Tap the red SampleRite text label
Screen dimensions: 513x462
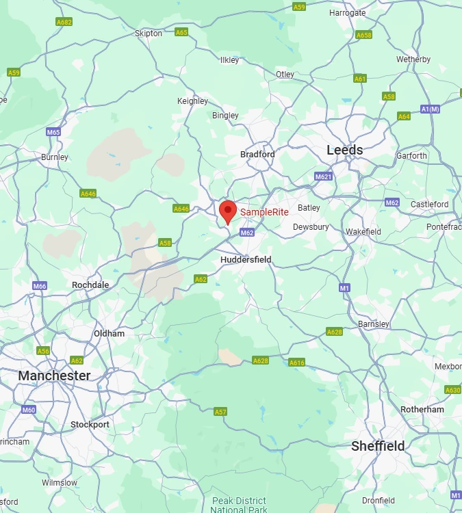coord(264,213)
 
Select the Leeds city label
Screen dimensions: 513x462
coord(344,150)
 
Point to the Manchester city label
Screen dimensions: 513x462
coord(54,376)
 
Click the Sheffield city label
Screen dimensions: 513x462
coord(378,446)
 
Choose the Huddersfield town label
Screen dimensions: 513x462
coord(246,260)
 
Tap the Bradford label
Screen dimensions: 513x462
coord(257,155)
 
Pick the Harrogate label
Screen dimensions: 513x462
coord(347,13)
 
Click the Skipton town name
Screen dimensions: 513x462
coord(149,34)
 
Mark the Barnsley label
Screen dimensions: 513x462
coord(374,324)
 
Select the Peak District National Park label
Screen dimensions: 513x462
coord(238,505)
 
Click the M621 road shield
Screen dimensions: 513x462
coord(324,176)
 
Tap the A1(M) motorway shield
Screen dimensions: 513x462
coord(430,109)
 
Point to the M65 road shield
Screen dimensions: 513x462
coord(53,132)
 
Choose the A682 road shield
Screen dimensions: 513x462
coord(64,22)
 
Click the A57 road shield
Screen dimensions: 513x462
coord(220,412)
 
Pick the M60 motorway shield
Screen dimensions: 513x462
coord(28,410)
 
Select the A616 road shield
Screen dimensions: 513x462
coord(296,363)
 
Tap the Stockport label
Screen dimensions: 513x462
coord(90,425)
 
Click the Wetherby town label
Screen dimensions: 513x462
coord(413,60)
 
